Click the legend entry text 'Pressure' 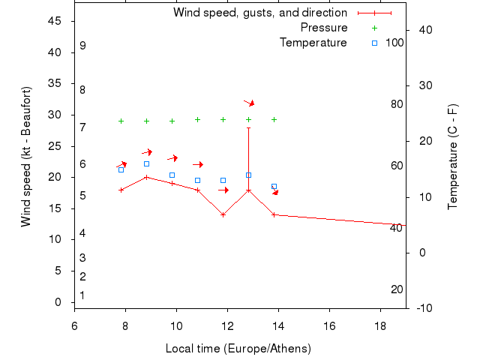point(324,28)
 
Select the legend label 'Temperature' point(313,43)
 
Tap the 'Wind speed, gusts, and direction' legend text point(260,13)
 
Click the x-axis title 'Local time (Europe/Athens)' point(238,349)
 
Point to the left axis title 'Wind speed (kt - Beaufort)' point(25,157)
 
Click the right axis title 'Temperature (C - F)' point(453,157)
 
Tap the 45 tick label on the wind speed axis point(55,21)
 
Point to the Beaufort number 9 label point(82,46)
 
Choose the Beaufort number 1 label point(82,295)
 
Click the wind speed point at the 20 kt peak point(146,177)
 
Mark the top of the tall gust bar point(248,127)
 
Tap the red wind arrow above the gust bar point(249,102)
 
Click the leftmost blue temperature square point(121,169)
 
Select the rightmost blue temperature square point(274,186)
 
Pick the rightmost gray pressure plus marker point(274,119)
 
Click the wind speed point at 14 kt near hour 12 point(223,214)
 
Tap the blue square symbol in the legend point(374,43)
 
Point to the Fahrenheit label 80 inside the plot point(397,104)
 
